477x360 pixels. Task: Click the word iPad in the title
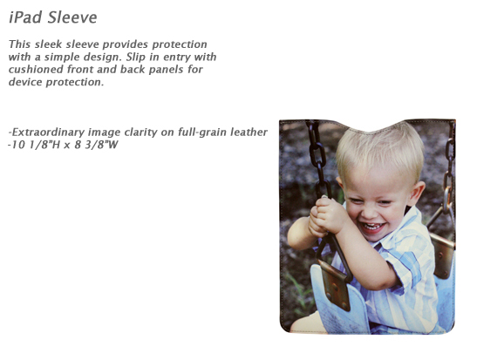25,17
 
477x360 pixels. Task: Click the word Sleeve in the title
72,17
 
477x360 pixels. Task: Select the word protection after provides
180,44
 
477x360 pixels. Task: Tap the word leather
249,132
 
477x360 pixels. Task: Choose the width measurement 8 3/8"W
97,145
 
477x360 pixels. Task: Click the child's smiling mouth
371,228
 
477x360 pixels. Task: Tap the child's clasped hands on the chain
325,216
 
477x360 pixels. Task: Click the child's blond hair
379,152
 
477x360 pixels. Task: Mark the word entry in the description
177,58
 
